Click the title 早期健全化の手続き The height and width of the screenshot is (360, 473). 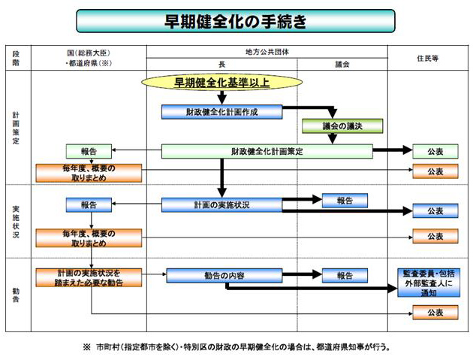click(x=236, y=21)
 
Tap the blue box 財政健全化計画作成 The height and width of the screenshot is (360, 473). click(x=221, y=112)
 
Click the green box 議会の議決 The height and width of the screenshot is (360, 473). click(x=342, y=126)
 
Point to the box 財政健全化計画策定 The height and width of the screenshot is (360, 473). click(x=267, y=151)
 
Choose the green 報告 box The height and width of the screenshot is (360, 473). click(x=88, y=151)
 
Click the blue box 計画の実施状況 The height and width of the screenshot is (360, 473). click(x=221, y=204)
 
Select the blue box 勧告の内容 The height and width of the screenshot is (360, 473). click(x=224, y=276)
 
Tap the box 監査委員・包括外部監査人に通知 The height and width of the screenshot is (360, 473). click(x=435, y=282)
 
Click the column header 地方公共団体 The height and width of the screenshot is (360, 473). click(x=267, y=52)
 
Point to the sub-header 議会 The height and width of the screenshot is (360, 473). click(x=342, y=65)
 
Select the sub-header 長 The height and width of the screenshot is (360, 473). click(x=221, y=65)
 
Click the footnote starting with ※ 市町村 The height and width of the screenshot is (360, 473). click(x=236, y=348)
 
